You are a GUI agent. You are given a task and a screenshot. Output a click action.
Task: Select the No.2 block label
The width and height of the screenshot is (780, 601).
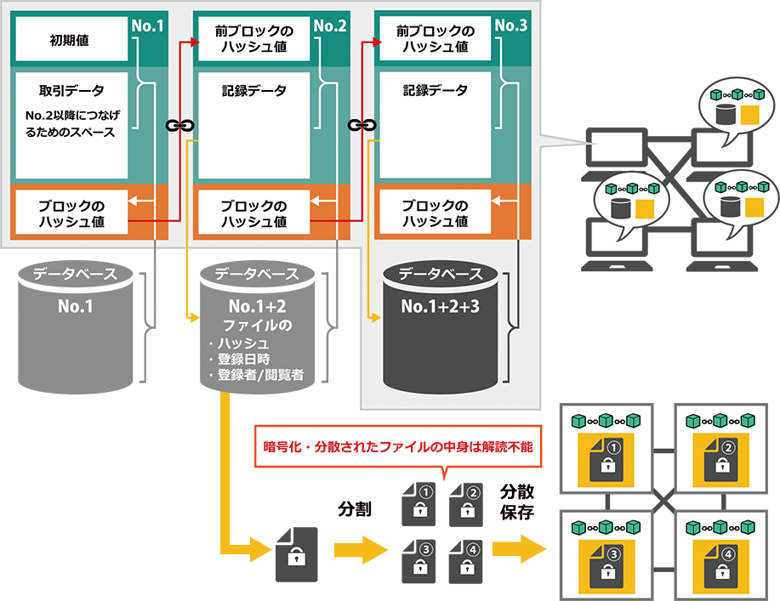[330, 26]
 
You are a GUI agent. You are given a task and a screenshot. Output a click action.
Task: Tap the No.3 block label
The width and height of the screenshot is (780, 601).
[510, 26]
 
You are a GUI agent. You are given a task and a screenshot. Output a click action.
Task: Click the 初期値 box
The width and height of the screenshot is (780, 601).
[71, 39]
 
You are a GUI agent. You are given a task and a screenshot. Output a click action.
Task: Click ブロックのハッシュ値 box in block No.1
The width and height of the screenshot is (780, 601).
[71, 213]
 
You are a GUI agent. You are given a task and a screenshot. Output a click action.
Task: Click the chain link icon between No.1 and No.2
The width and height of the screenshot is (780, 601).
[175, 126]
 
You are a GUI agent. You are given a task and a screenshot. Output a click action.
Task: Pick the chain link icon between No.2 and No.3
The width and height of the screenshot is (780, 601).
[361, 126]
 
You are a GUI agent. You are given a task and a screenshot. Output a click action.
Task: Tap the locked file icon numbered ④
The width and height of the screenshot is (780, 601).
[723, 564]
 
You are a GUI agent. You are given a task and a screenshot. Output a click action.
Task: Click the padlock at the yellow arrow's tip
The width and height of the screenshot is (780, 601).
[296, 558]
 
